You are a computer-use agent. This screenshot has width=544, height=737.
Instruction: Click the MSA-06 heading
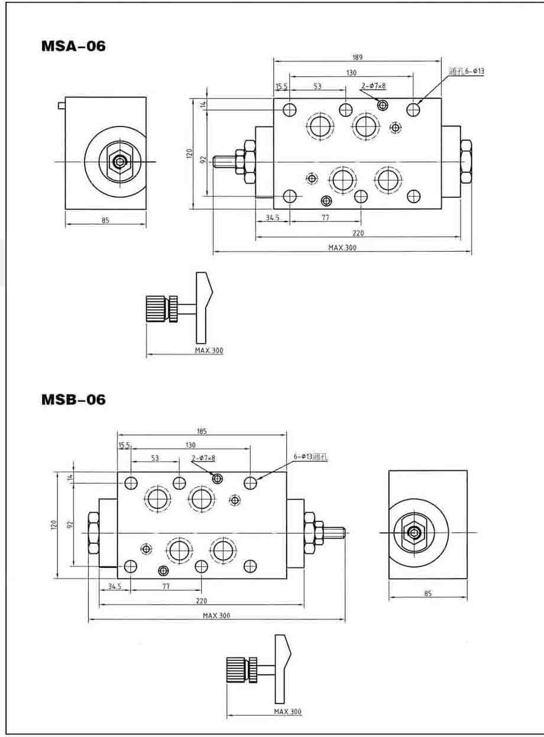coord(73,46)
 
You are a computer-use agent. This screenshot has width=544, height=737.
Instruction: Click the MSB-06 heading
coord(73,400)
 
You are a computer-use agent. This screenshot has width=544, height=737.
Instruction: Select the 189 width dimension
coord(357,57)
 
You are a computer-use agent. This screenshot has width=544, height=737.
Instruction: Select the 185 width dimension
coord(202,432)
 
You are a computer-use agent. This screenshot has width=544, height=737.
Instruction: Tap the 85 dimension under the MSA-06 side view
coord(105,220)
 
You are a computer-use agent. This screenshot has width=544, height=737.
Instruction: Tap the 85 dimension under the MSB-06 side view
coord(428,593)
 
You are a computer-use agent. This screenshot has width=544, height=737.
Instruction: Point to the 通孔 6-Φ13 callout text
coord(467,72)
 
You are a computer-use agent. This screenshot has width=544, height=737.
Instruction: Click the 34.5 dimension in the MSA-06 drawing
coord(272,217)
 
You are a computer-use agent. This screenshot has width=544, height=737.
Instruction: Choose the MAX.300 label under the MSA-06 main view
coord(342,248)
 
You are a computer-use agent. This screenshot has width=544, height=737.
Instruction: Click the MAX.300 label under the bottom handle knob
coord(287,711)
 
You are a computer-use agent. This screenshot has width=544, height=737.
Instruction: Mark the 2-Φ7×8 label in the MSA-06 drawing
coord(373,86)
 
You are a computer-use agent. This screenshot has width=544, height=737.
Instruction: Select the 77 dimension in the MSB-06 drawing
coord(166,586)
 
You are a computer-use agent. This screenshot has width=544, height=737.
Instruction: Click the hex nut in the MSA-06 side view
coord(121,161)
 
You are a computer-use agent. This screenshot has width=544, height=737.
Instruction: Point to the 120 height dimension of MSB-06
coord(53,524)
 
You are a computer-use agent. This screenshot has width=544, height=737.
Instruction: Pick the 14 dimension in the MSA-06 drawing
coord(202,105)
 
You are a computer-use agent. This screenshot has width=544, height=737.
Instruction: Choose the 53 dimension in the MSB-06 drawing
coord(155,458)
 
